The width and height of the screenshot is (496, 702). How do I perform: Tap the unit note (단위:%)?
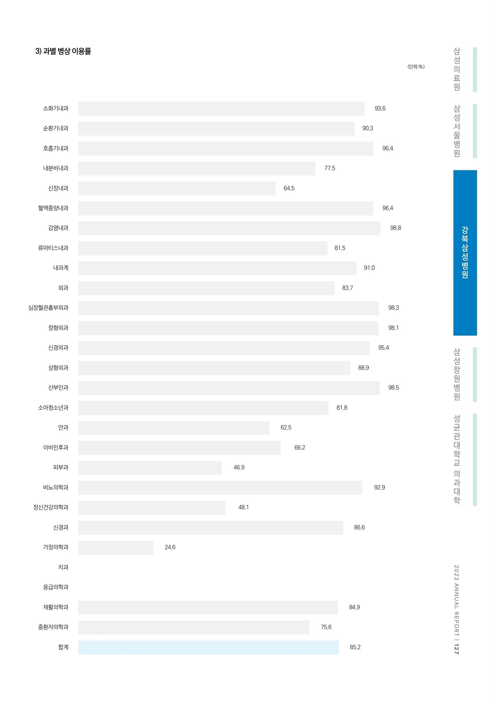click(416, 67)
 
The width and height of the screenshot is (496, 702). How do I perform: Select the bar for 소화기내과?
click(221, 109)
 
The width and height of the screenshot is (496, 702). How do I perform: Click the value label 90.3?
click(368, 128)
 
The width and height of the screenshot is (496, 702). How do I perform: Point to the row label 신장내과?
click(58, 188)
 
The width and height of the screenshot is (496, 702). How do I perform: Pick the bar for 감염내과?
click(229, 228)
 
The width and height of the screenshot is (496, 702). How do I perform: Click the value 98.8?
click(395, 228)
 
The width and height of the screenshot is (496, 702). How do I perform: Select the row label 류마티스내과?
click(53, 248)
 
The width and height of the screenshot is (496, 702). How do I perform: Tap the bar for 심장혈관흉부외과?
click(228, 308)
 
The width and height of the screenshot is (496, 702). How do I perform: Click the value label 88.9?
click(364, 368)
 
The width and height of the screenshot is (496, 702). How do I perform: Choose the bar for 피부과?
click(150, 468)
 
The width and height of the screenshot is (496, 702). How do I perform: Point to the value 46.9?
click(239, 468)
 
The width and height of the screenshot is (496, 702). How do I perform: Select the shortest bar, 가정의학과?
click(116, 547)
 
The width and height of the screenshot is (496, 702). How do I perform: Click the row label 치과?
click(63, 567)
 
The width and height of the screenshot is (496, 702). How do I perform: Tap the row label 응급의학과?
click(56, 587)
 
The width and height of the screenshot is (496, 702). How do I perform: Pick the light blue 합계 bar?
click(208, 647)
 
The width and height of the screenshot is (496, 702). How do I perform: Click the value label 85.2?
click(355, 647)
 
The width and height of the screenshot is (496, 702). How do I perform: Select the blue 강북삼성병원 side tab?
click(465, 253)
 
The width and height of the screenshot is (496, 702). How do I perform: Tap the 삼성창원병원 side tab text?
click(457, 374)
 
